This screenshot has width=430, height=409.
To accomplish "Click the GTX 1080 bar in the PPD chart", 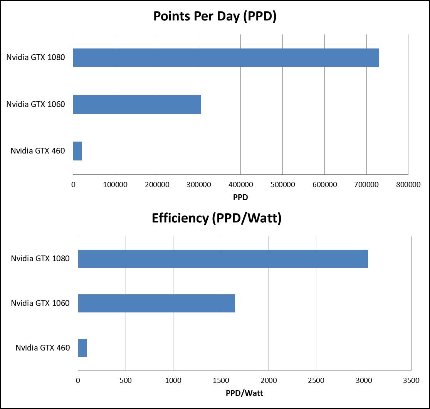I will pyautogui.click(x=226, y=58).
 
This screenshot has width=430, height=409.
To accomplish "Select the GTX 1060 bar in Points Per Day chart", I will pyautogui.click(x=137, y=104).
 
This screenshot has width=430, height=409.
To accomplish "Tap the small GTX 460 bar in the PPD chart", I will pyautogui.click(x=77, y=151).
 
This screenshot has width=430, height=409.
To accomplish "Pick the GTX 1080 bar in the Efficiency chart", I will pyautogui.click(x=223, y=259).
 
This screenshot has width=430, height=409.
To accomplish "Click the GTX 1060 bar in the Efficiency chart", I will pyautogui.click(x=156, y=303).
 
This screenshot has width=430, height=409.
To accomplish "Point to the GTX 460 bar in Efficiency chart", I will pyautogui.click(x=82, y=348).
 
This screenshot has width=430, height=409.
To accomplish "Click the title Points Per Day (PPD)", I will pyautogui.click(x=215, y=17).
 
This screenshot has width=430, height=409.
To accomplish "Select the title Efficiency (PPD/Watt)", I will pyautogui.click(x=217, y=218).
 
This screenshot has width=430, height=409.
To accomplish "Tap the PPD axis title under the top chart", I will pyautogui.click(x=240, y=197).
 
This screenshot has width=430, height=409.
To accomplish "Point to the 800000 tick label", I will pyautogui.click(x=408, y=185).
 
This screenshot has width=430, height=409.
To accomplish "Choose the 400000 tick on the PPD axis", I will pyautogui.click(x=240, y=185).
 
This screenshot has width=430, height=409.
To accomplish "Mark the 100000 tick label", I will pyautogui.click(x=115, y=185).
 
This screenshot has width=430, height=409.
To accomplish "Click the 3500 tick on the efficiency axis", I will pyautogui.click(x=411, y=381).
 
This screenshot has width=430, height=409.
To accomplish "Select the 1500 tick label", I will pyautogui.click(x=221, y=381).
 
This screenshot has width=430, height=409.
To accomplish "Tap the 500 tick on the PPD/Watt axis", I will pyautogui.click(x=126, y=381).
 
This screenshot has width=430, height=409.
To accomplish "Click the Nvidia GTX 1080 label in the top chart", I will pyautogui.click(x=35, y=58).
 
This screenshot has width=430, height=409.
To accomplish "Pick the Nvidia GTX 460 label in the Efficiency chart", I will pyautogui.click(x=43, y=348).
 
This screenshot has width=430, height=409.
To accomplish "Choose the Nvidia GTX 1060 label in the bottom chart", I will pyautogui.click(x=40, y=303).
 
